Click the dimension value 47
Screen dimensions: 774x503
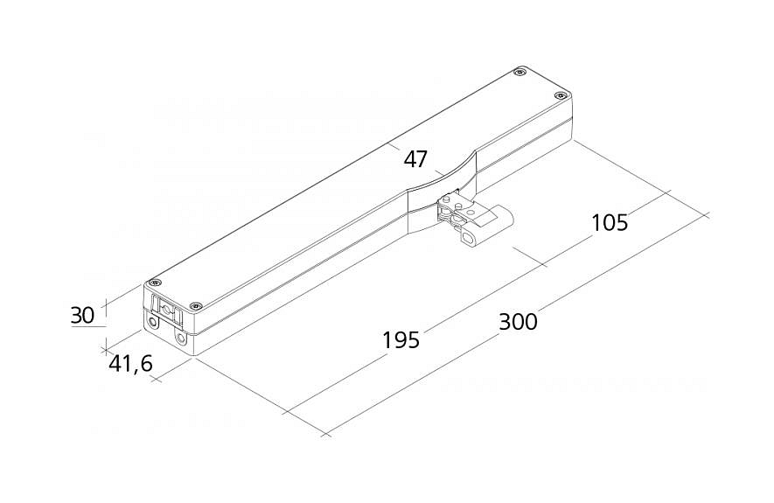(x=415, y=159)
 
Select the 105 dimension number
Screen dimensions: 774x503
(x=610, y=222)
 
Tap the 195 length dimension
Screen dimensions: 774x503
(x=401, y=340)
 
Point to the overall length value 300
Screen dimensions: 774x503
(x=518, y=322)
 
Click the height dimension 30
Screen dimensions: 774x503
(x=83, y=315)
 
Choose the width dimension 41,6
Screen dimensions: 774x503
(x=131, y=364)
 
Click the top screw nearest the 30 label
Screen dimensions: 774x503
(x=157, y=283)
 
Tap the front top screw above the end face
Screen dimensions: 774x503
(x=197, y=306)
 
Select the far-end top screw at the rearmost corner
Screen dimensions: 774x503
(x=519, y=73)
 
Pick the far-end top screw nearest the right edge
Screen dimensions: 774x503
(x=559, y=95)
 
